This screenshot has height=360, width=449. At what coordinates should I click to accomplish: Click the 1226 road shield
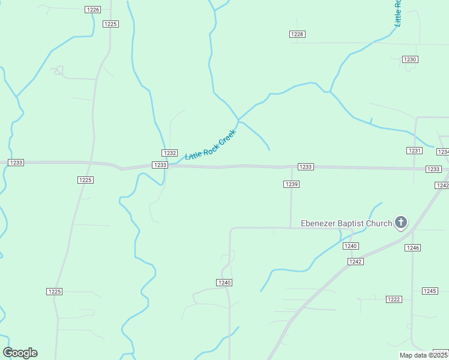93,10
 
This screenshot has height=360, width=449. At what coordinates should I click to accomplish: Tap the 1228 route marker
297,34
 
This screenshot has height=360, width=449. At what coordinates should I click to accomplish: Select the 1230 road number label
410,59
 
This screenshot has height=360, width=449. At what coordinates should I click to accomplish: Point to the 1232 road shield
169,153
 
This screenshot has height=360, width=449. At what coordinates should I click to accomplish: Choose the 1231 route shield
415,151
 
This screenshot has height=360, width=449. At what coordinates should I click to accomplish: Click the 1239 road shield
291,184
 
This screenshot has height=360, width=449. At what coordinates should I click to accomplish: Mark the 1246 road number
412,248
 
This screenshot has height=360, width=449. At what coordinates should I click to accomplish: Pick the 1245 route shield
430,291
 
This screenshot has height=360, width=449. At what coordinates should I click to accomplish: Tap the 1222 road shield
394,299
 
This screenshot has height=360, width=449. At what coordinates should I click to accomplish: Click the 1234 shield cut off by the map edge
444,152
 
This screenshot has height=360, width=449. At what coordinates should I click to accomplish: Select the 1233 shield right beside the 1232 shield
160,165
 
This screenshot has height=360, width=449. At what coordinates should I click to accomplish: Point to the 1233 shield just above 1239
306,167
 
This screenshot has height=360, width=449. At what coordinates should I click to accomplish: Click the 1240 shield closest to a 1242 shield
351,246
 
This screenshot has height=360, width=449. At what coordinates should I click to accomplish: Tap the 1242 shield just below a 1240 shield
355,262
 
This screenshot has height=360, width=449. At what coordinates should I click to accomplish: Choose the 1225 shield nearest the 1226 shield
111,24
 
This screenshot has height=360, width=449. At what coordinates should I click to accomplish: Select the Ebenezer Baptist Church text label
346,224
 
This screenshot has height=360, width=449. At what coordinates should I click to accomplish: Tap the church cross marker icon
401,223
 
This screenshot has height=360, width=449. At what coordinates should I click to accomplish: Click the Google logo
20,353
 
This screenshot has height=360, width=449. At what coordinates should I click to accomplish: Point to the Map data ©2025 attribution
423,355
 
